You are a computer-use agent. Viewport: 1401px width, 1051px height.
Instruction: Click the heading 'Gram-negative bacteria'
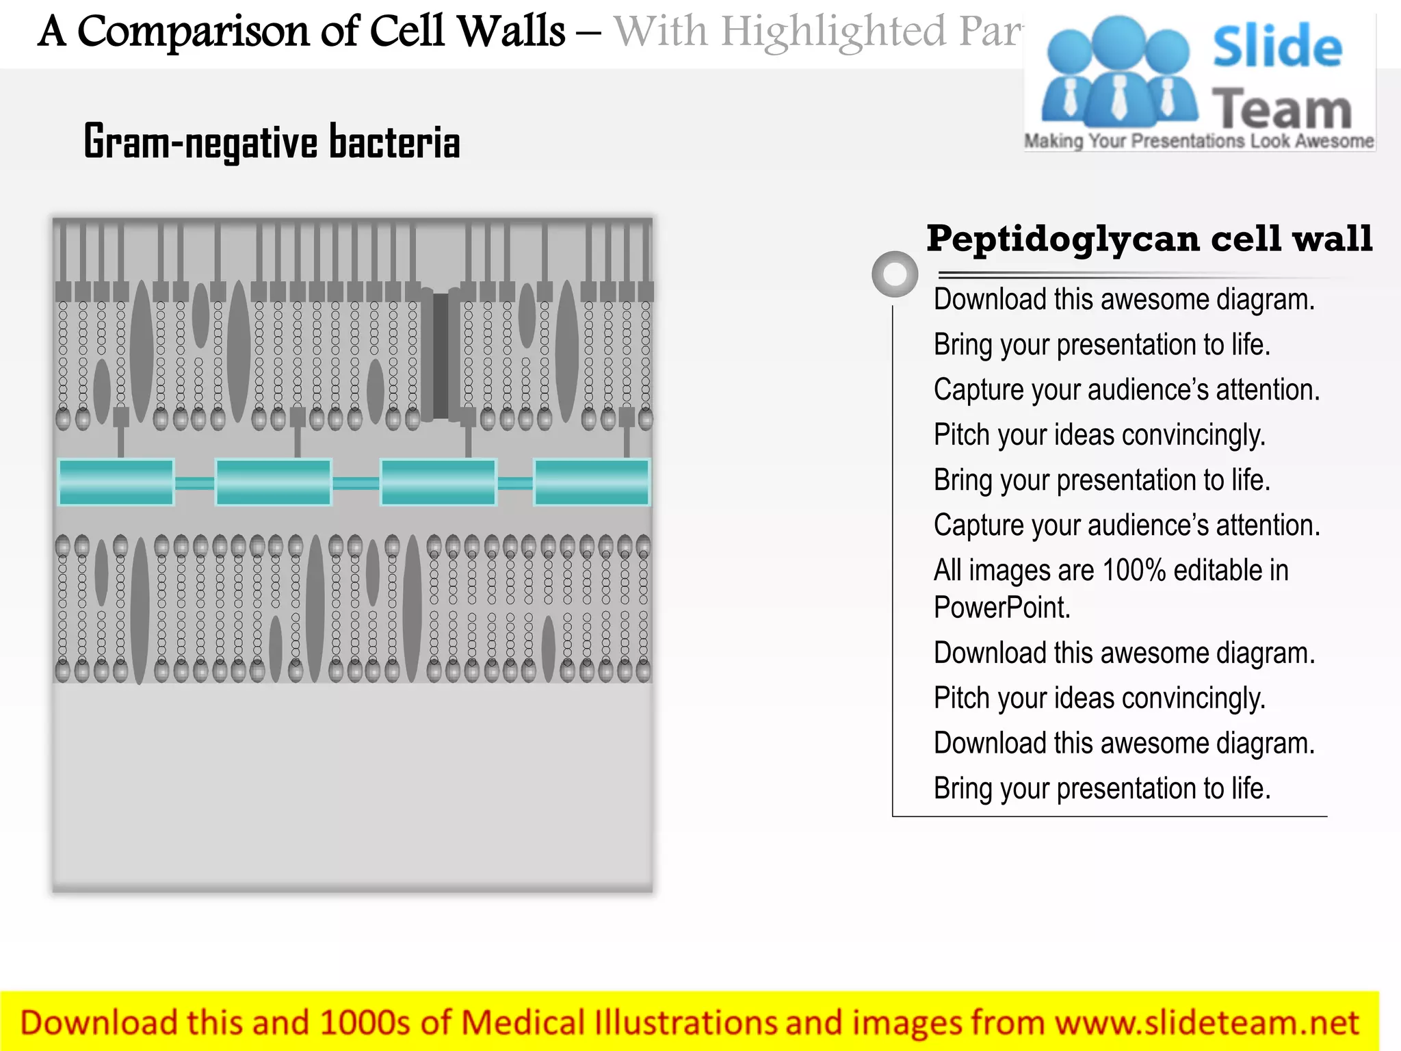(x=272, y=142)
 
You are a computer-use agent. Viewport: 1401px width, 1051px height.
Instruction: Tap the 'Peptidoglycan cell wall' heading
(x=1149, y=239)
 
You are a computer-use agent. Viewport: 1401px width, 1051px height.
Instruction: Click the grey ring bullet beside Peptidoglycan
(x=895, y=274)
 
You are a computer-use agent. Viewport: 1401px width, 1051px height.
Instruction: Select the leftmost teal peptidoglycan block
(x=116, y=482)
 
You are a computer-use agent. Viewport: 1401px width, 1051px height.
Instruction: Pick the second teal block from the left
(x=274, y=482)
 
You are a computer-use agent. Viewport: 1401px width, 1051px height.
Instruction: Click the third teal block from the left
(x=438, y=482)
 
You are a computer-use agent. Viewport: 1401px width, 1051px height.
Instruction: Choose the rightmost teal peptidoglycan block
(x=592, y=482)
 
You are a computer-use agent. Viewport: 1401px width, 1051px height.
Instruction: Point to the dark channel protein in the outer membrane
(x=441, y=356)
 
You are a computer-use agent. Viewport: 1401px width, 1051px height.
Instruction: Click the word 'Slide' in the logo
(x=1277, y=47)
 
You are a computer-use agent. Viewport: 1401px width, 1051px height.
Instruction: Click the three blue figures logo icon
(x=1118, y=72)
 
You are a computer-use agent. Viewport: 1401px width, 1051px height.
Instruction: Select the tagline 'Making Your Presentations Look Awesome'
(x=1199, y=141)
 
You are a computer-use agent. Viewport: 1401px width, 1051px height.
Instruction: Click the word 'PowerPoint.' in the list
(x=1001, y=608)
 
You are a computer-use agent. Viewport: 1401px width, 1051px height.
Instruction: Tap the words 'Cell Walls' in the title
(x=467, y=31)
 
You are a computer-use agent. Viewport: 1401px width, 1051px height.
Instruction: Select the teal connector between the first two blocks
(x=195, y=483)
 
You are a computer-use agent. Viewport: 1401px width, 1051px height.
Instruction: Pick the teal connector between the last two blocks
(x=515, y=483)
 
